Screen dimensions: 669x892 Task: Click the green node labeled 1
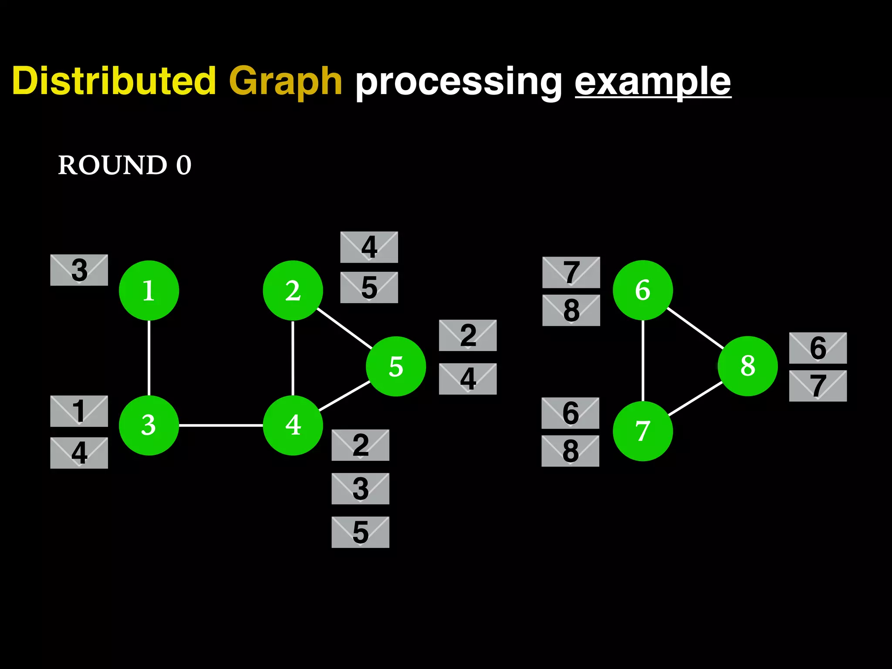(x=149, y=291)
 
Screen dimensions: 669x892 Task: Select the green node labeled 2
(x=293, y=291)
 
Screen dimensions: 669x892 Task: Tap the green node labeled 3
(x=149, y=425)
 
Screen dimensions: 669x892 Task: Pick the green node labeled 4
(x=293, y=425)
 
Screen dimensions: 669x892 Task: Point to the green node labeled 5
(x=396, y=366)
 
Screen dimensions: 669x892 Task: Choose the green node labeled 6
(x=643, y=290)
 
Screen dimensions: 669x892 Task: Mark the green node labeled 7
(x=643, y=431)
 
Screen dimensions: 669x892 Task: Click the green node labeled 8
(x=748, y=366)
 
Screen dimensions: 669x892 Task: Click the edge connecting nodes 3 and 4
(x=221, y=425)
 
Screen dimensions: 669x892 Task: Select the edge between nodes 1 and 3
(x=149, y=358)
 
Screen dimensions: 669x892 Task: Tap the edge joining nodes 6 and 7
(x=643, y=361)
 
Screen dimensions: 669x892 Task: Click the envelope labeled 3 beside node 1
(x=79, y=270)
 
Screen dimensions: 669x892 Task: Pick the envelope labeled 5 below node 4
(x=360, y=532)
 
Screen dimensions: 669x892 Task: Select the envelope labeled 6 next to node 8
(x=818, y=348)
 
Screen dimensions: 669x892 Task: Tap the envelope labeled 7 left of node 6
(x=571, y=272)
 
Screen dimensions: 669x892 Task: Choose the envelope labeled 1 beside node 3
(x=79, y=411)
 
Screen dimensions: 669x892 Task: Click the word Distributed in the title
(x=114, y=81)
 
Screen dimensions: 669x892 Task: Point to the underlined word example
(x=652, y=82)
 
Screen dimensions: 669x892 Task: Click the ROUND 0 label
(x=125, y=165)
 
